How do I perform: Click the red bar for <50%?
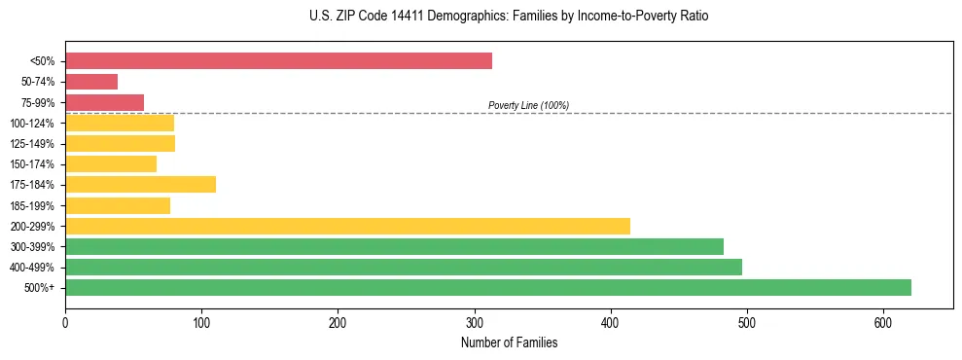278,61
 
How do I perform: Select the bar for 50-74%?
91,82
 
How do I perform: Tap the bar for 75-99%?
104,102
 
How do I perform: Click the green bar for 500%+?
488,287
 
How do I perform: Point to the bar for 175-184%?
140,185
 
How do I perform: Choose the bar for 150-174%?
111,164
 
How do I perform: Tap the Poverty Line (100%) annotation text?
528,105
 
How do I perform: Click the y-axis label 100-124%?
32,124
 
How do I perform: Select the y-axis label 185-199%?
32,205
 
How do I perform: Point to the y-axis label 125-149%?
32,144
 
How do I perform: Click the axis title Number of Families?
509,342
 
